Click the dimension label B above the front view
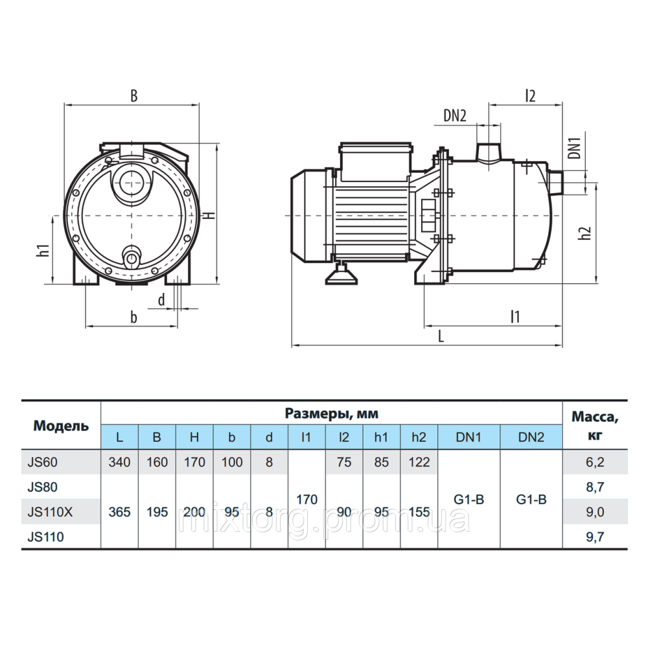[134, 96]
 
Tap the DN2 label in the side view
[455, 115]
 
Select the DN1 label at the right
[573, 148]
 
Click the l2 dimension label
[529, 96]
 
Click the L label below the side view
[441, 336]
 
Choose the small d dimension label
[161, 299]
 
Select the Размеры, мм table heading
[331, 413]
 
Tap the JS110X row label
[51, 512]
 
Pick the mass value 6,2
[595, 463]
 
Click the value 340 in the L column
[119, 463]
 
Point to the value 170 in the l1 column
[307, 500]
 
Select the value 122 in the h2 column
[419, 463]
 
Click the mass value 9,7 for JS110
[595, 536]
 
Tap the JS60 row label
[43, 463]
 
